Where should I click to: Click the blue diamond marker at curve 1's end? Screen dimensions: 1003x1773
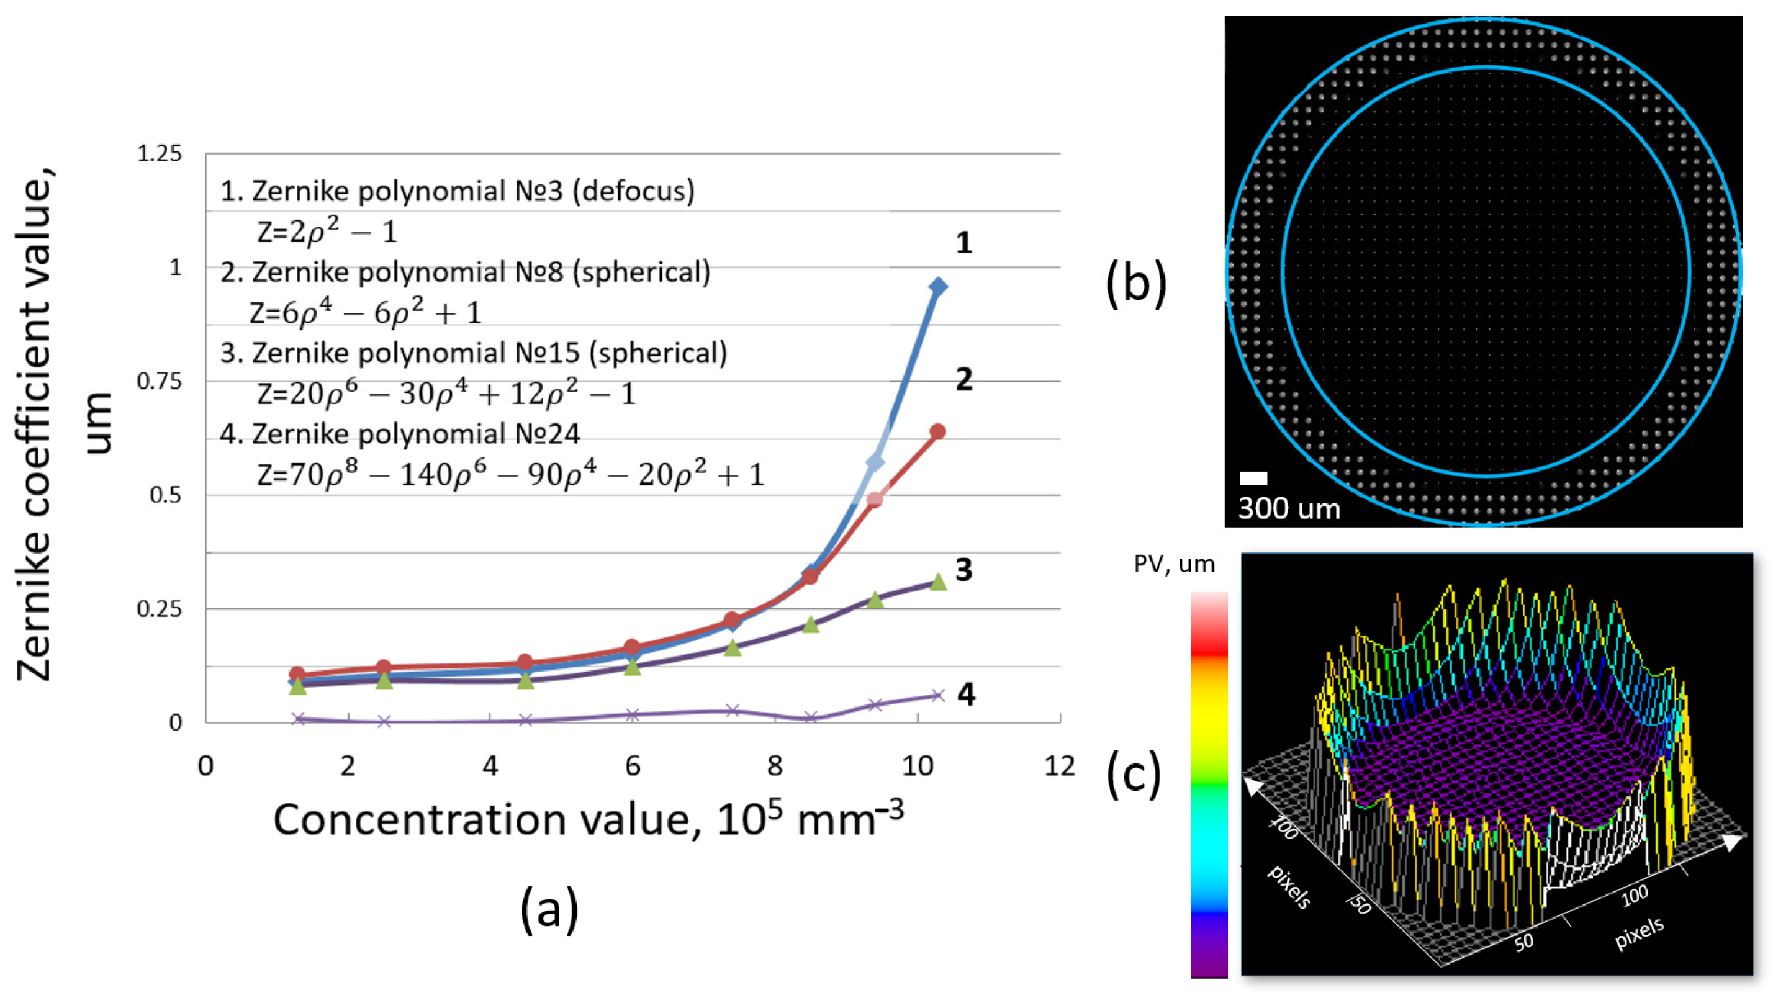point(937,287)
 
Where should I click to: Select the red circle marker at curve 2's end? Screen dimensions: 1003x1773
point(937,432)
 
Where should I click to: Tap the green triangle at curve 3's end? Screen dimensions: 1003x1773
point(938,582)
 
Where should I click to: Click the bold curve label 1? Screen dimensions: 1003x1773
point(963,243)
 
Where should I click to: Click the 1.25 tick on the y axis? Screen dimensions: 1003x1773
point(159,154)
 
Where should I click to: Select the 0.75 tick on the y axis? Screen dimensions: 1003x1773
point(159,381)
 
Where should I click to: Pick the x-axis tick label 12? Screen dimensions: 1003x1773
point(1059,766)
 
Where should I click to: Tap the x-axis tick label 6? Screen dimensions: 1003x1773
point(633,766)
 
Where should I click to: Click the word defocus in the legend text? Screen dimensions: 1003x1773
point(637,191)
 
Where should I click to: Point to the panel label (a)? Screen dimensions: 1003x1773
point(549,909)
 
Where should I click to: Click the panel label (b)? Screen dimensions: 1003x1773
point(1136,282)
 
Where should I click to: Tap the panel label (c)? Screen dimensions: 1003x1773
point(1134,775)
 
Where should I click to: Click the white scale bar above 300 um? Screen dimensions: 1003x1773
point(1253,478)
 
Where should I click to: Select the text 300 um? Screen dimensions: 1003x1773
point(1289,509)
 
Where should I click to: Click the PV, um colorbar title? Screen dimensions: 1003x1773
point(1174,564)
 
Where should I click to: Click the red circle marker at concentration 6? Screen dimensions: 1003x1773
point(633,647)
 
